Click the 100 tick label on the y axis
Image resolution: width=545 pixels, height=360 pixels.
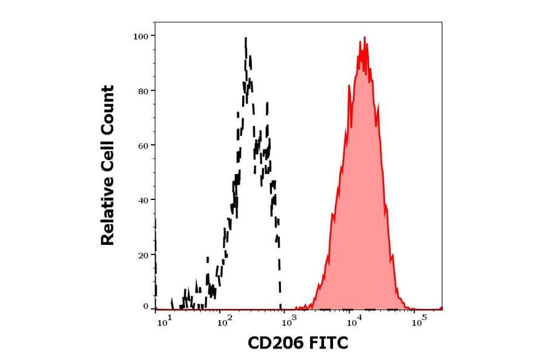140,36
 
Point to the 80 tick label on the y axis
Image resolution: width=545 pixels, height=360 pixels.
142,91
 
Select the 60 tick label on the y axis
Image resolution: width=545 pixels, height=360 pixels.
142,145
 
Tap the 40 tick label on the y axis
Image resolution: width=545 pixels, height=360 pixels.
142,200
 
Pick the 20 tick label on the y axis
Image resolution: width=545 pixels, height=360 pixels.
142,255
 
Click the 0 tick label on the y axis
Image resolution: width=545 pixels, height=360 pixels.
145,307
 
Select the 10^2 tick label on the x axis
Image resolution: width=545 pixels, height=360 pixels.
225,321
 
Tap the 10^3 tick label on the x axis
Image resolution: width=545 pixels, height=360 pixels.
289,321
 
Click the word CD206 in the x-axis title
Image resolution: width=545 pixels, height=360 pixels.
276,344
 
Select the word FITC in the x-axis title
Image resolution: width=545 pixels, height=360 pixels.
327,344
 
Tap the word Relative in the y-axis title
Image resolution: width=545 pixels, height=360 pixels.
108,215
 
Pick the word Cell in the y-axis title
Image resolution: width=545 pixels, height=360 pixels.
108,162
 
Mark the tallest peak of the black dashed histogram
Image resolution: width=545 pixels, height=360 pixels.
245,39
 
